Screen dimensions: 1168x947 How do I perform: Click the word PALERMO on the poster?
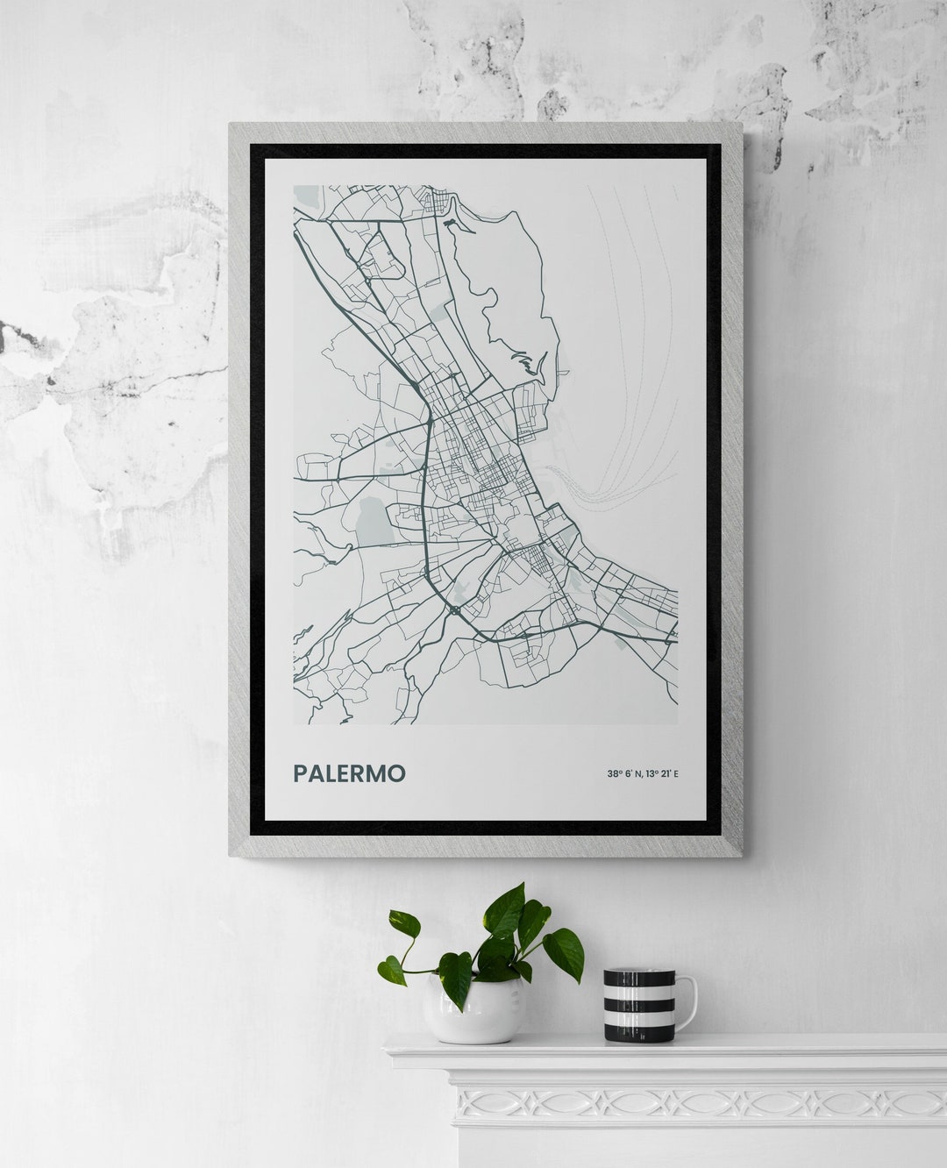349,773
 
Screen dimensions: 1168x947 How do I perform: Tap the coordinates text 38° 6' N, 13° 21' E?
643,773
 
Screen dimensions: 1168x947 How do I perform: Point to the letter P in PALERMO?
300,773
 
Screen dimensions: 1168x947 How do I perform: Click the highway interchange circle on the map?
455,608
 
